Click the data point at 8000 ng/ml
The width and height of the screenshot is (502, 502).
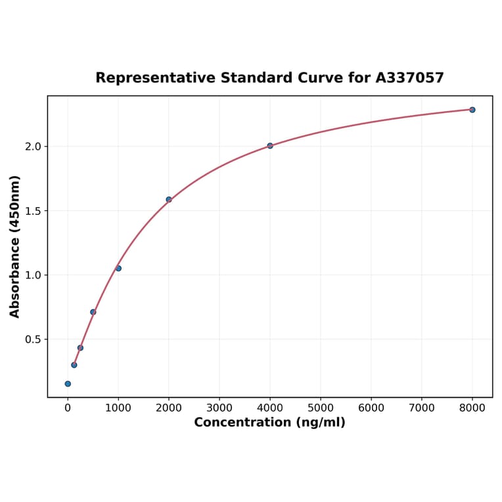coord(472,110)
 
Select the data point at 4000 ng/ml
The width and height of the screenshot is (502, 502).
coord(270,146)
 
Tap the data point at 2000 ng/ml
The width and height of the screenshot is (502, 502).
coord(169,200)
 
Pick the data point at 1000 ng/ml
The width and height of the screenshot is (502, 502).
coord(118,268)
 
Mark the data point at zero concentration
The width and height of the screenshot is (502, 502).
coord(68,384)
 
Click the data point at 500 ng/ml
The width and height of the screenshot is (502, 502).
coord(93,312)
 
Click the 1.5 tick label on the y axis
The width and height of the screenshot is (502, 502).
coord(33,211)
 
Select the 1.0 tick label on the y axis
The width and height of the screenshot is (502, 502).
coord(33,275)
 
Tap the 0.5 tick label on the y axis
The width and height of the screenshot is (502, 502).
coord(33,340)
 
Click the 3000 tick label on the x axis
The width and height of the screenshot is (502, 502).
coord(219,408)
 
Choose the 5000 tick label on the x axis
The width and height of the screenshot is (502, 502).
coord(321,408)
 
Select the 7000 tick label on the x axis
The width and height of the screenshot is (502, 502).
coord(422,408)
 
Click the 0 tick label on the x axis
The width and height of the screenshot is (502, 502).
coord(68,408)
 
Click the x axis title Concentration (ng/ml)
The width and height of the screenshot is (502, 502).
coord(269,422)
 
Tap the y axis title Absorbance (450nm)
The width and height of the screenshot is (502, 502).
coord(15,246)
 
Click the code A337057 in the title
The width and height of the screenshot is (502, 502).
coord(409,78)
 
